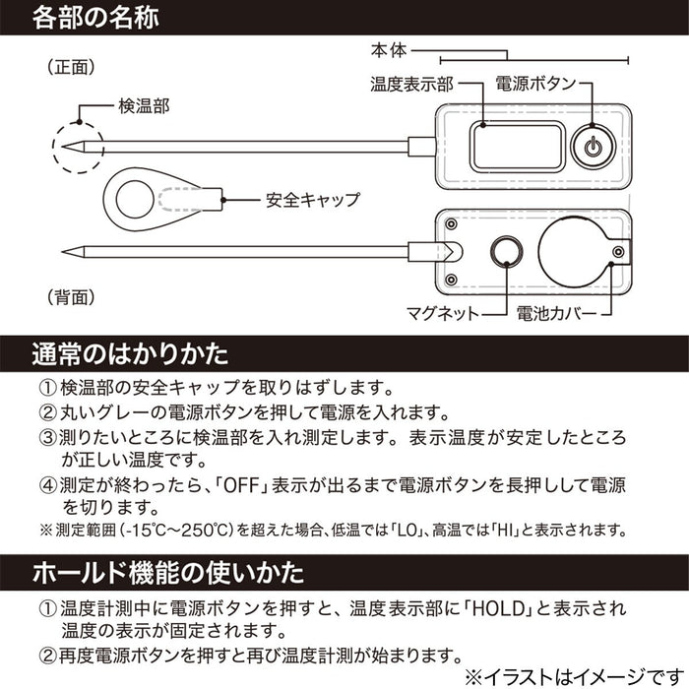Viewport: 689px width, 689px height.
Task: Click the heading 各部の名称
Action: pos(94,18)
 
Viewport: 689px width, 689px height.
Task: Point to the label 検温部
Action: pos(145,105)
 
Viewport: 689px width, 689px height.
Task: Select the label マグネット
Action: pos(442,314)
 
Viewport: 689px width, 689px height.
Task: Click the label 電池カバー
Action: pos(558,314)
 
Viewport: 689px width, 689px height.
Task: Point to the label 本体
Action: pos(387,48)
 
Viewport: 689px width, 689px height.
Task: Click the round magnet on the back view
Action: pos(506,252)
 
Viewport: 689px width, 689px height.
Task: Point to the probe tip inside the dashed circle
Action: pos(69,148)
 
